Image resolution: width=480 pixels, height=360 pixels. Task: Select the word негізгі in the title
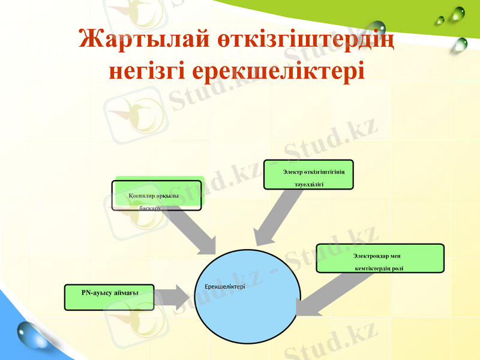[x=146, y=70]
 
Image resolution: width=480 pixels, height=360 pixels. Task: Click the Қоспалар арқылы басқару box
[x=157, y=195]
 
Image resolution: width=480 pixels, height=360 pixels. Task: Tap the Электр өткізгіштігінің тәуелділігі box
[x=308, y=175]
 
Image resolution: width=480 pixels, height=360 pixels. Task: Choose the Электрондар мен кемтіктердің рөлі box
[x=380, y=258]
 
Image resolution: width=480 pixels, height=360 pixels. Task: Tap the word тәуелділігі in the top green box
[x=309, y=184]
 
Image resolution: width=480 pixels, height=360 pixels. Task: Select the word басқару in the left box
[x=150, y=208]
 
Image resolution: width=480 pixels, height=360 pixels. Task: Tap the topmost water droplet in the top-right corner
[x=459, y=13]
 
